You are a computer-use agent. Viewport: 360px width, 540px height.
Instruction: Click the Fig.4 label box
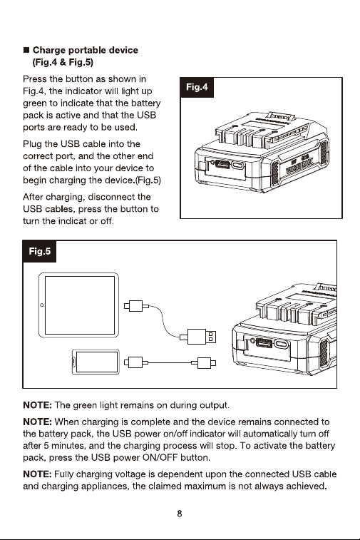(x=197, y=88)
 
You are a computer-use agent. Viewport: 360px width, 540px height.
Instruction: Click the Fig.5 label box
(x=40, y=251)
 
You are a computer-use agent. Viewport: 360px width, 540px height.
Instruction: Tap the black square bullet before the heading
(x=26, y=50)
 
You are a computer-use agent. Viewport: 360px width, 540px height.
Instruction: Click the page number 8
(x=180, y=514)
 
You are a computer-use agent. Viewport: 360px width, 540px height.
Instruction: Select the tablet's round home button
(x=42, y=305)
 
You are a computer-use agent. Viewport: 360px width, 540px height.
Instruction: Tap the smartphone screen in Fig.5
(x=97, y=362)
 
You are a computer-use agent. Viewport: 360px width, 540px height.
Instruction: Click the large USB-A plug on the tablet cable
(x=202, y=337)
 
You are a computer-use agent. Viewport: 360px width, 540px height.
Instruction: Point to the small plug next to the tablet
(x=136, y=306)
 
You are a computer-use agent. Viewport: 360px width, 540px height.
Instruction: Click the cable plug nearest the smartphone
(x=136, y=362)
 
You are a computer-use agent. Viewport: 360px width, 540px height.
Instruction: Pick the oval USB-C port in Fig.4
(x=238, y=165)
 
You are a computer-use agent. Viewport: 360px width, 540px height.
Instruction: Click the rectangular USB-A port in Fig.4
(x=222, y=163)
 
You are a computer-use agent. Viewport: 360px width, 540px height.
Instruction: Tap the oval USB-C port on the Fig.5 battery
(x=281, y=344)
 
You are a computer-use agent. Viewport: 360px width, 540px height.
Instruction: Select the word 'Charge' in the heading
(x=49, y=50)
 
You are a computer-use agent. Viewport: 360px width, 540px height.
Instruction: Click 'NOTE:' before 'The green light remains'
(x=38, y=405)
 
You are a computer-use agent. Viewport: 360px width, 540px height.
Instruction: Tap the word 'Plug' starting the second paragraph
(x=32, y=144)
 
